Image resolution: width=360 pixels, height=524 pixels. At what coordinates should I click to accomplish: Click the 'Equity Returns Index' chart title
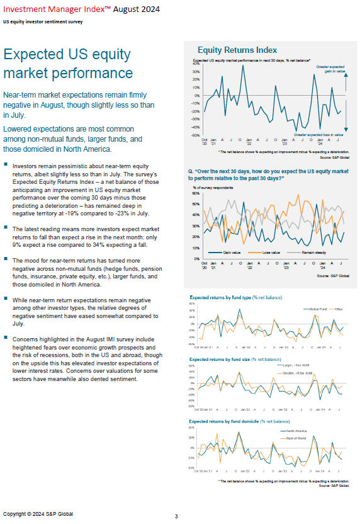[237, 50]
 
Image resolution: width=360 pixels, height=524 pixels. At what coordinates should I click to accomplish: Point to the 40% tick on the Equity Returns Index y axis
[196, 64]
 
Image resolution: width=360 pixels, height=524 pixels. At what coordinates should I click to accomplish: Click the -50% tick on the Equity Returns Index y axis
[196, 135]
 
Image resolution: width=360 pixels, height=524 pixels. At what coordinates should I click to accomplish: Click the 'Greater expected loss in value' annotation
[318, 135]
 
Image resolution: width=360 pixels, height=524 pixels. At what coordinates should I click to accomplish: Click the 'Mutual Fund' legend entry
[315, 309]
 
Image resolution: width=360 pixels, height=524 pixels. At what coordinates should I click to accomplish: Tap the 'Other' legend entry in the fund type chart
[339, 309]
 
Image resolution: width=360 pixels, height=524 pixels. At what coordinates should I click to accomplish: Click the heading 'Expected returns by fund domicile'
[239, 420]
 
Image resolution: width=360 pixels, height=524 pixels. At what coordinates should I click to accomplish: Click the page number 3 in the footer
[176, 516]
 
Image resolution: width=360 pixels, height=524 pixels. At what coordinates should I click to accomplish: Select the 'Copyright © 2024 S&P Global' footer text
[38, 513]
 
